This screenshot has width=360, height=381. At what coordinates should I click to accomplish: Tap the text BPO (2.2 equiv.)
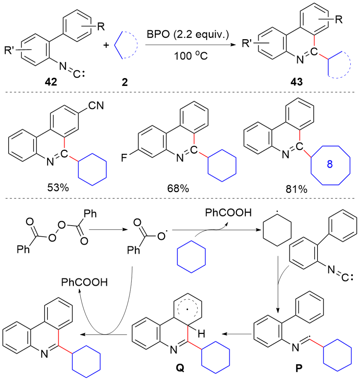[x=188, y=35]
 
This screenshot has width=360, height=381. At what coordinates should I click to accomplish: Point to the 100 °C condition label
[x=188, y=56]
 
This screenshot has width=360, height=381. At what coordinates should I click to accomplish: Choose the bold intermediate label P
[x=298, y=369]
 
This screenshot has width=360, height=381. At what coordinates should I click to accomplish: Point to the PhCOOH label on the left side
[x=84, y=282]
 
